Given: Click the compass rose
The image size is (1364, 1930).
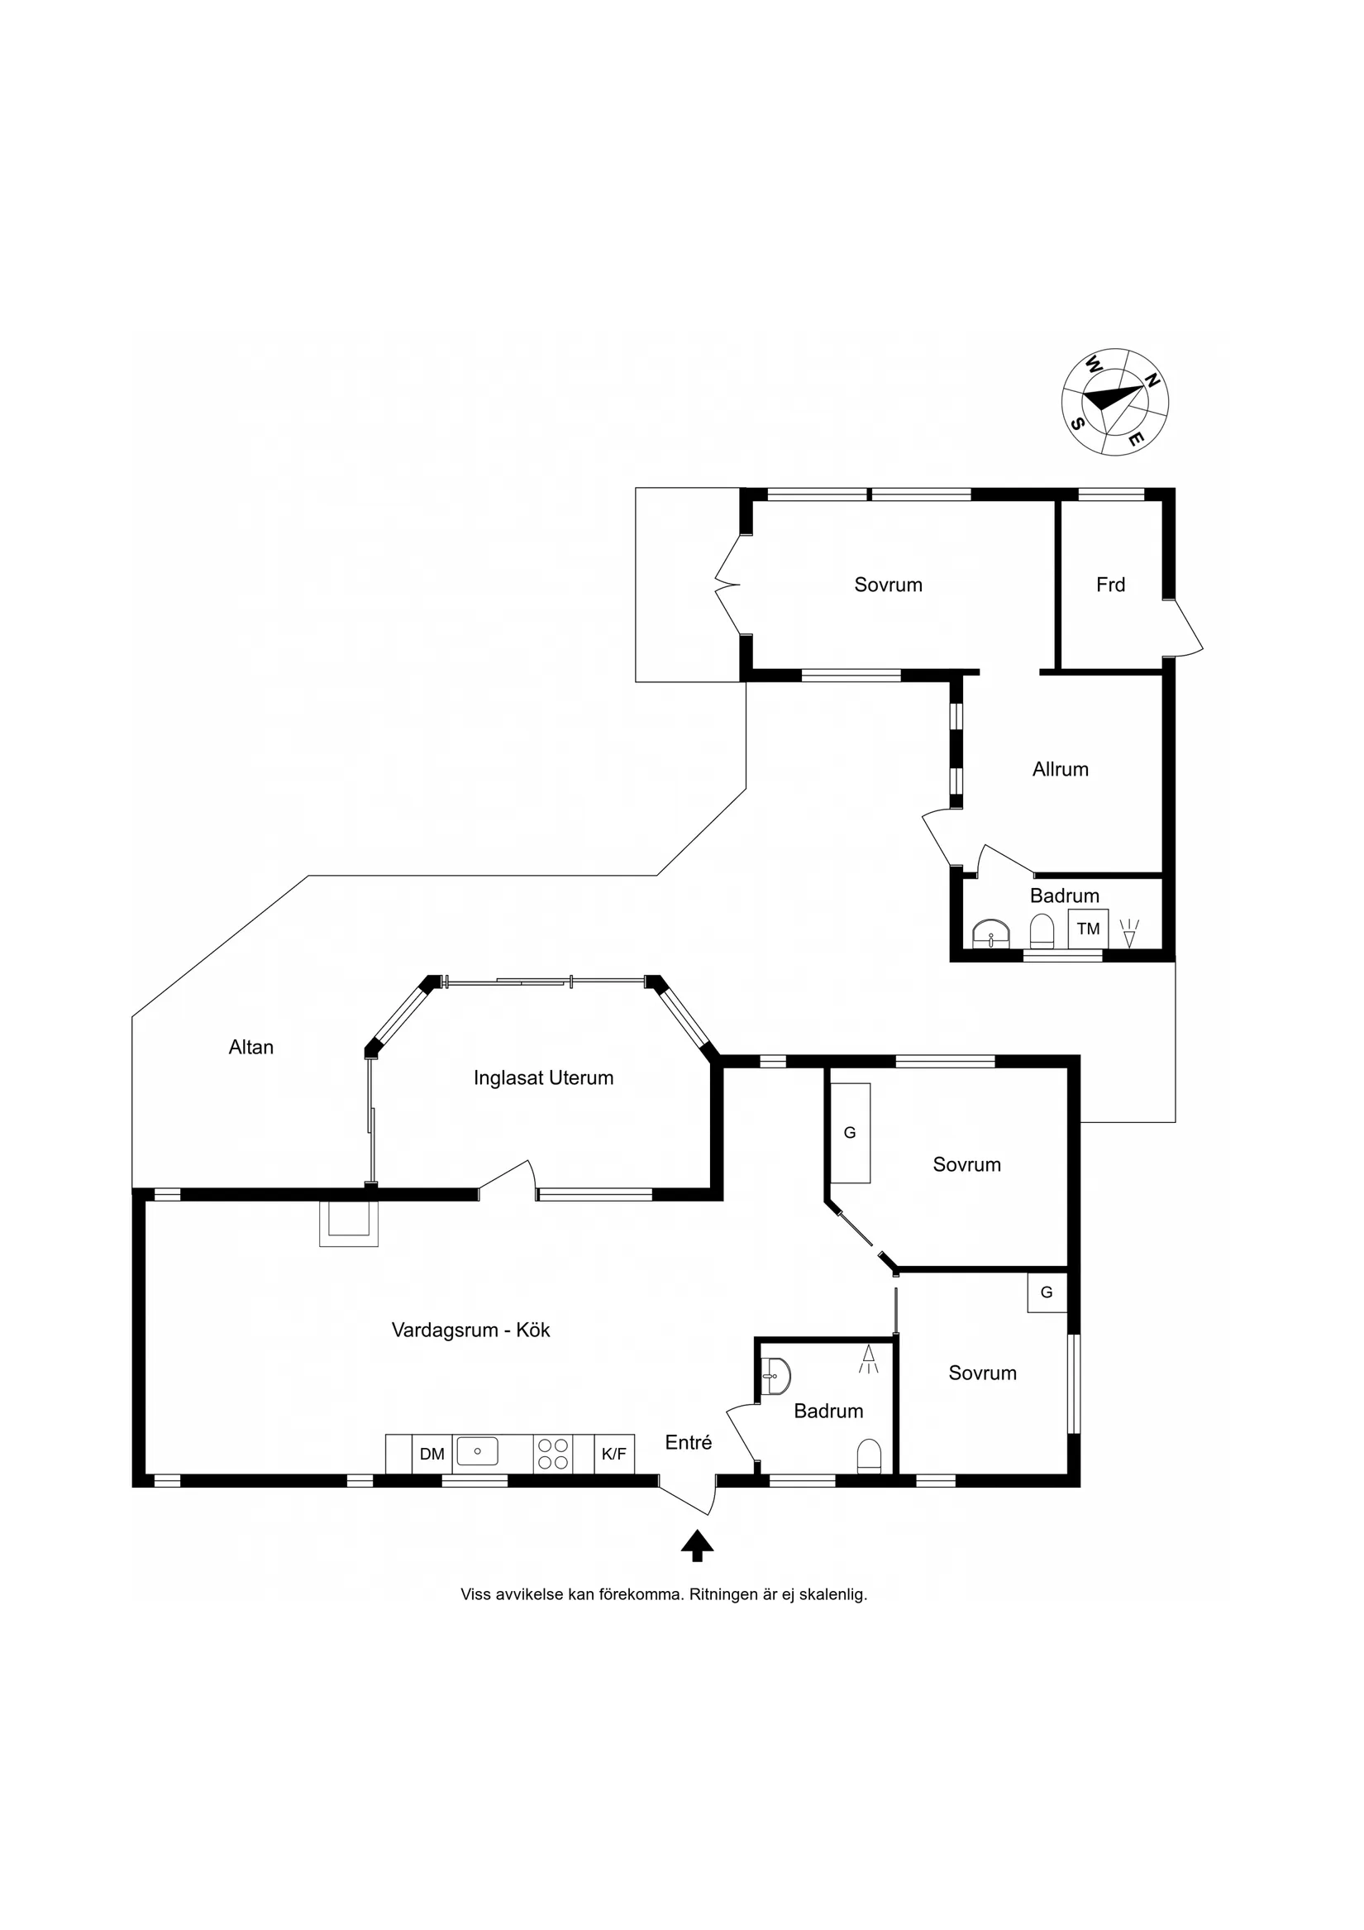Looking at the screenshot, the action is pyautogui.click(x=1114, y=402).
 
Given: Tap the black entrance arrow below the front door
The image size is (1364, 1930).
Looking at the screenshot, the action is pyautogui.click(x=697, y=1545).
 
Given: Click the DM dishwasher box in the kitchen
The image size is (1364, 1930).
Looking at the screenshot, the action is pyautogui.click(x=432, y=1454).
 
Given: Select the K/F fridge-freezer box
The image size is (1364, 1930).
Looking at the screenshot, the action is pyautogui.click(x=614, y=1454).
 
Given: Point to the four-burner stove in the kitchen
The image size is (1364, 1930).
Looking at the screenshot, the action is pyautogui.click(x=553, y=1454).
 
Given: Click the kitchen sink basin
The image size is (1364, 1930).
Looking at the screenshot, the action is pyautogui.click(x=477, y=1451).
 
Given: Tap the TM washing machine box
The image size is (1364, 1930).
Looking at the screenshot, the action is pyautogui.click(x=1089, y=929).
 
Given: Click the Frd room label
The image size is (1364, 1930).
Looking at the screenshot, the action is pyautogui.click(x=1110, y=585).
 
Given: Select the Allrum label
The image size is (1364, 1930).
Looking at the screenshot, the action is pyautogui.click(x=1061, y=769).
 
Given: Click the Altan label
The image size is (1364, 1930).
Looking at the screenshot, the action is pyautogui.click(x=251, y=1048).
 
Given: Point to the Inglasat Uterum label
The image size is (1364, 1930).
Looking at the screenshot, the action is pyautogui.click(x=544, y=1078).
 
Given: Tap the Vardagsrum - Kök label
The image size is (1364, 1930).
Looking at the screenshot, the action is pyautogui.click(x=470, y=1330).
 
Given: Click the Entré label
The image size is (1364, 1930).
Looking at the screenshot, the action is pyautogui.click(x=689, y=1442).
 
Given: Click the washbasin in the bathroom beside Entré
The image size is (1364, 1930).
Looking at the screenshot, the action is pyautogui.click(x=775, y=1376).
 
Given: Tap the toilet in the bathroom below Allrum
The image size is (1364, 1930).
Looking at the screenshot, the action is pyautogui.click(x=1042, y=931).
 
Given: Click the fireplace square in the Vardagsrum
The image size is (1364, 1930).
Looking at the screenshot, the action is pyautogui.click(x=349, y=1223).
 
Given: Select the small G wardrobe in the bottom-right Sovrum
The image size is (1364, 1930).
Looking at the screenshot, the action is pyautogui.click(x=1047, y=1292).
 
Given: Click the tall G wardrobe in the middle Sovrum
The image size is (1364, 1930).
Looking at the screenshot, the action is pyautogui.click(x=850, y=1133).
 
